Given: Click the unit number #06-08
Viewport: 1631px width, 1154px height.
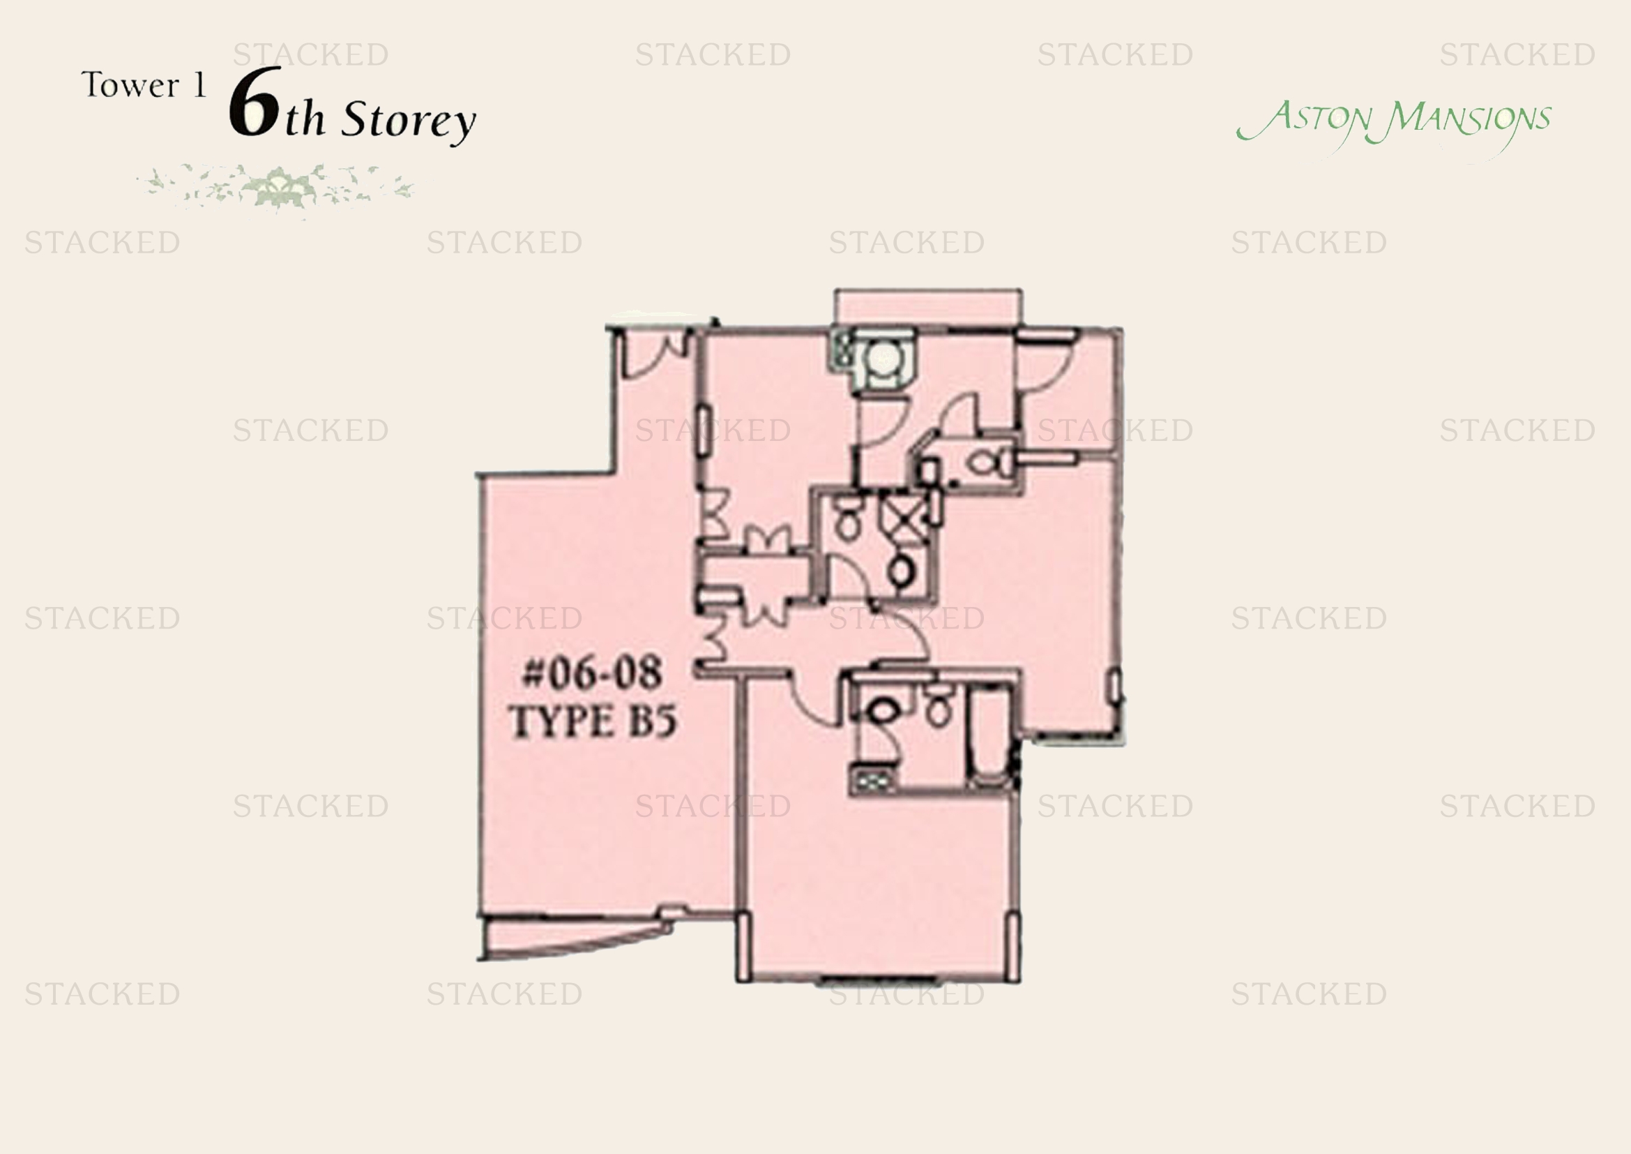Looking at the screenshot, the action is [592, 673].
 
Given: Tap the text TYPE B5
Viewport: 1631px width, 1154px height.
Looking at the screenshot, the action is [593, 721].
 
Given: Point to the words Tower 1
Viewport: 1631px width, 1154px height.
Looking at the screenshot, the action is [144, 85].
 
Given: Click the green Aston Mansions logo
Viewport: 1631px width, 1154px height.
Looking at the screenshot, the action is [1393, 125].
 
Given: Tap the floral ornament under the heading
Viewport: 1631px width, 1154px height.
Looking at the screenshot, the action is [275, 188].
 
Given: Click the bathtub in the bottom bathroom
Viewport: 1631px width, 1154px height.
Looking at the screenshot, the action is [989, 736].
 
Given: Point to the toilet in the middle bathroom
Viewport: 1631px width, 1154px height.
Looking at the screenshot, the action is [846, 518].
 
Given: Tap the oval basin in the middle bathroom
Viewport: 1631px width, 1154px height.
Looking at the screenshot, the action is [901, 571].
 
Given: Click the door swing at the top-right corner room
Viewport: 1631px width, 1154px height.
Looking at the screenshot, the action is [1047, 364].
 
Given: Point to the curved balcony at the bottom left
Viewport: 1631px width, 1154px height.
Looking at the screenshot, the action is [575, 936].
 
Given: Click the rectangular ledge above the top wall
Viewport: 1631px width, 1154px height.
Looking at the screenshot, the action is [928, 308].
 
